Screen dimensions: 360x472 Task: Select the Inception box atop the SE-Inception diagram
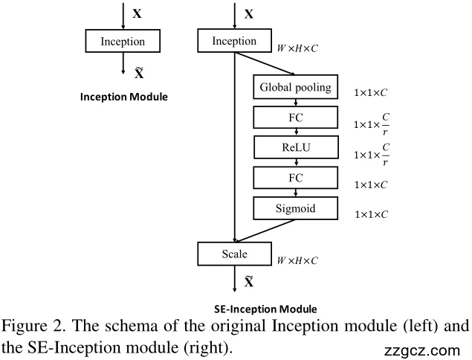[234, 42]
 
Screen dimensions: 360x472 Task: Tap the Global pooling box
[295, 89]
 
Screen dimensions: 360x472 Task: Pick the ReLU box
[295, 148]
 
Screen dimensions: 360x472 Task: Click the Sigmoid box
[295, 208]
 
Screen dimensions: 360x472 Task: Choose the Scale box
[234, 254]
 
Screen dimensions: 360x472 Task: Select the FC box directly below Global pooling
[295, 118]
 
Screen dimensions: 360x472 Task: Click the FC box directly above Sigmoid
[295, 179]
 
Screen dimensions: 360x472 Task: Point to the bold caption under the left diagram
[123, 97]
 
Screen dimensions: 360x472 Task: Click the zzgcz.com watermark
[423, 350]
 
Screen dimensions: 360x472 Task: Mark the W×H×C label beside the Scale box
[297, 261]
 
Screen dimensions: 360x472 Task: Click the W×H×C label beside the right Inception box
[297, 48]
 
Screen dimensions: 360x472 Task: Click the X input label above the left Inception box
[137, 13]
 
